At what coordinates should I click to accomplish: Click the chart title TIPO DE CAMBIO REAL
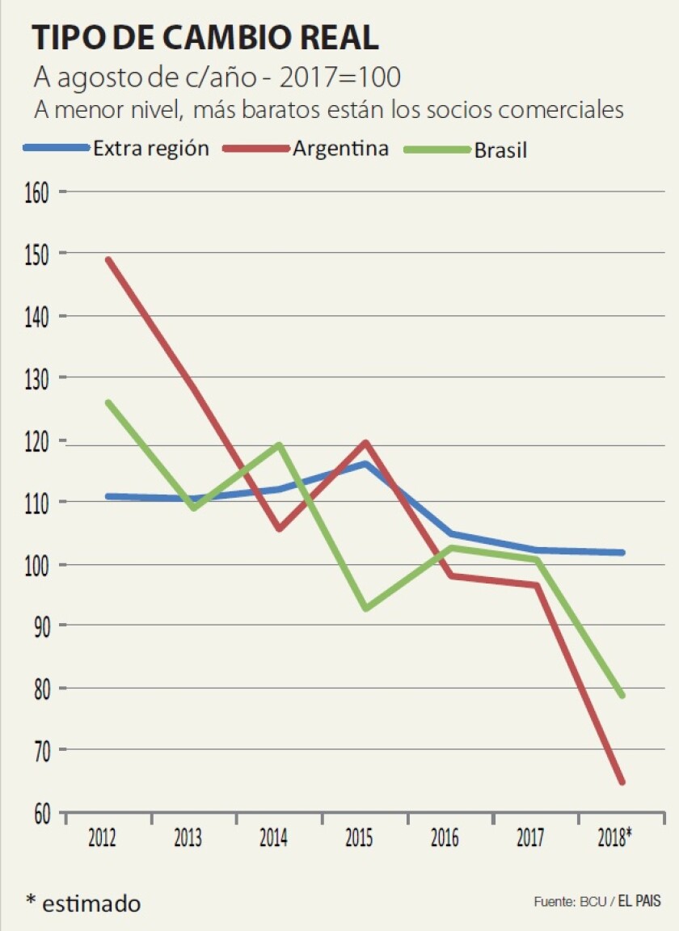tap(205, 38)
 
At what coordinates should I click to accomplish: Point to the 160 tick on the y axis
tap(36, 192)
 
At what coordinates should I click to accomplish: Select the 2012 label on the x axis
tap(101, 838)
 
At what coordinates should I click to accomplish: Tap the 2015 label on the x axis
tap(358, 838)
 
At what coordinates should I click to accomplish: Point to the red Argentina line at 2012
tap(108, 260)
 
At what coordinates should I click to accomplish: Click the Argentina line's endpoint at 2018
tap(622, 781)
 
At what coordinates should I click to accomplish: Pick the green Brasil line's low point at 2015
tap(365, 609)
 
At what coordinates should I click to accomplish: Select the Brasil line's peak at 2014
tap(279, 444)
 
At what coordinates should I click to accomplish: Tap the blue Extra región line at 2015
tap(365, 464)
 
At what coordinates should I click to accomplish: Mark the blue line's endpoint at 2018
tap(622, 553)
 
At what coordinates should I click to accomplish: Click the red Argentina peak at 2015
tap(365, 443)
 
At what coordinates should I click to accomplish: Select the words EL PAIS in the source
tap(639, 901)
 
